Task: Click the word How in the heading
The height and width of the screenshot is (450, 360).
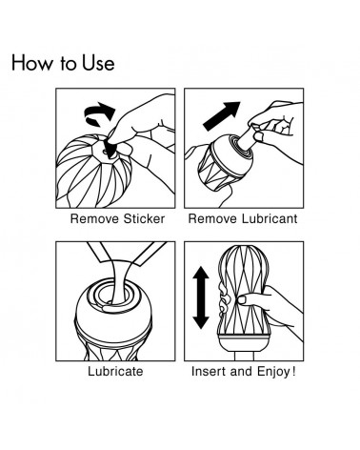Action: [32, 63]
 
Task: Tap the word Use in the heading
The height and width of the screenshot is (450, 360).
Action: [98, 63]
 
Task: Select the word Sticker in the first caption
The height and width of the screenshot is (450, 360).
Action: [144, 219]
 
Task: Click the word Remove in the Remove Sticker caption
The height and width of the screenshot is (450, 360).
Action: [95, 219]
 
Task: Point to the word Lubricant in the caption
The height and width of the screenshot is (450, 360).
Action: [270, 219]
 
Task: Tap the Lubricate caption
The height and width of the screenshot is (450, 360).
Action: [115, 371]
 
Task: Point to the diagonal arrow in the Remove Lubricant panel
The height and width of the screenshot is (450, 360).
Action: [222, 115]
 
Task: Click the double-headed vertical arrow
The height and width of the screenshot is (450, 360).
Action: [201, 297]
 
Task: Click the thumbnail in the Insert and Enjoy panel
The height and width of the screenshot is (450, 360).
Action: [242, 299]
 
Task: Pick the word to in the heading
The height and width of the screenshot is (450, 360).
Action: [68, 64]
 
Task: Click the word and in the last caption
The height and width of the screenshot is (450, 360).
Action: [242, 371]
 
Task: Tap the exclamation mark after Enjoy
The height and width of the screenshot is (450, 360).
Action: [293, 371]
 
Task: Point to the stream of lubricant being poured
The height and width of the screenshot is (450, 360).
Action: [117, 279]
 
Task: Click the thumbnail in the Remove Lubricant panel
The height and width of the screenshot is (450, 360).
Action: [259, 136]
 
